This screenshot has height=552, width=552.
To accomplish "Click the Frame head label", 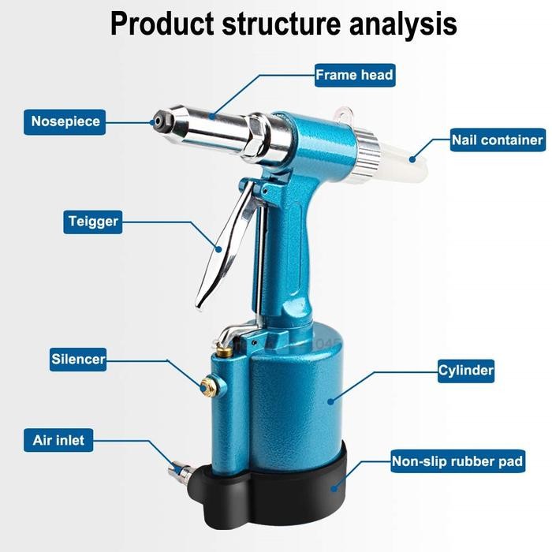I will tap(354, 76).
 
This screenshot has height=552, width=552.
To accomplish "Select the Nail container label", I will tap(497, 140).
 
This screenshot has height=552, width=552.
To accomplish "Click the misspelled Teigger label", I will tap(92, 222).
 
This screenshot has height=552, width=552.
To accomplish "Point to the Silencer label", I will tap(78, 359).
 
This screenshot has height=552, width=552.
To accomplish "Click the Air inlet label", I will tap(59, 439).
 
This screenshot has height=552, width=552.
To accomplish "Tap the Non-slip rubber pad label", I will tap(457, 461).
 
